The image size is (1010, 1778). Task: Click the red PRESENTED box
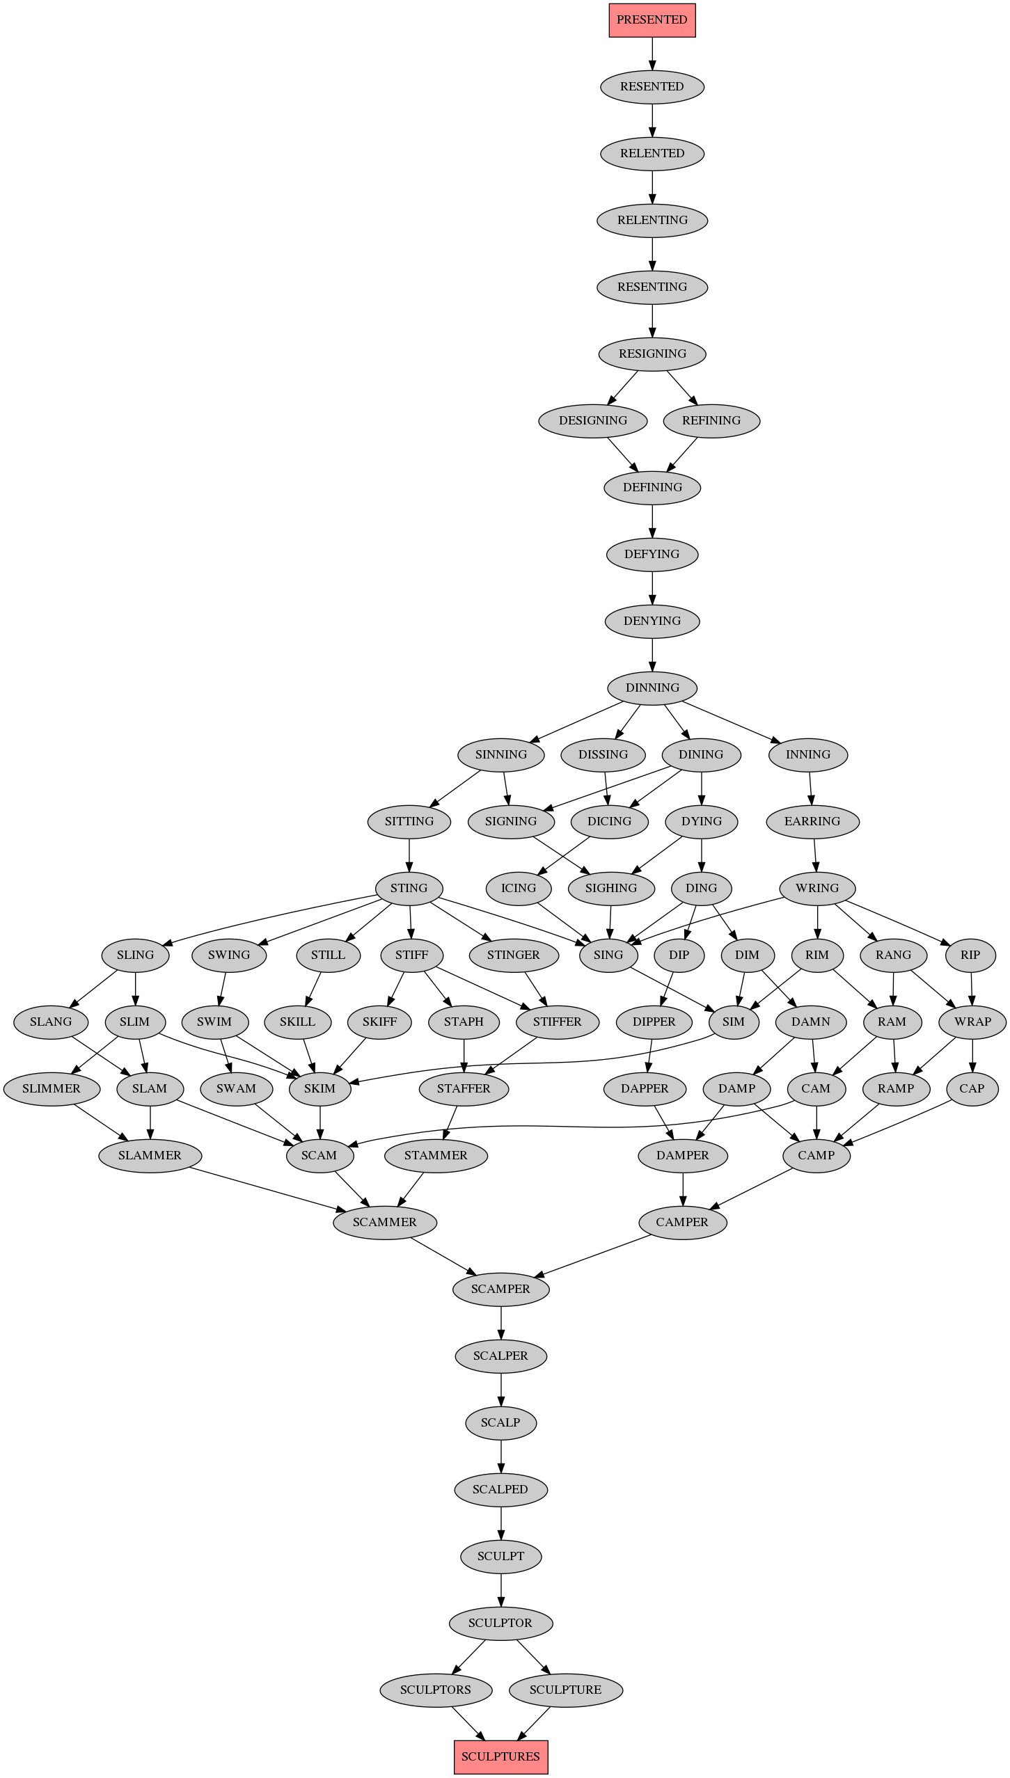pos(652,20)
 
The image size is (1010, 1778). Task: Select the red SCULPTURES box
pos(500,1756)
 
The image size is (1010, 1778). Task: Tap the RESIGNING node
pos(652,354)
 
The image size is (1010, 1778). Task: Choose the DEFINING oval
pos(652,487)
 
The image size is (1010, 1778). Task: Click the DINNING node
pos(652,688)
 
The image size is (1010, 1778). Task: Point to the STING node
pos(409,888)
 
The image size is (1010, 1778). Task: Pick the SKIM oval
pos(319,1088)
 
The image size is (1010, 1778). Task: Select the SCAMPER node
pos(500,1289)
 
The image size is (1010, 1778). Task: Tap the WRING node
pos(817,888)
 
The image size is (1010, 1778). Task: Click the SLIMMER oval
pos(52,1088)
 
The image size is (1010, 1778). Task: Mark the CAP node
pos(972,1088)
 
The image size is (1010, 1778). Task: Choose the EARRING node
pos(812,821)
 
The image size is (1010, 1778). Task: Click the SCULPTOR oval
pos(500,1623)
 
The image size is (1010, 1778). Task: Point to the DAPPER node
pos(645,1088)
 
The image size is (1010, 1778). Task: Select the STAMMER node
pos(436,1155)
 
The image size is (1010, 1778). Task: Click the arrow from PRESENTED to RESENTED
pos(652,54)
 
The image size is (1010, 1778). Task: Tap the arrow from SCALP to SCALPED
pos(500,1456)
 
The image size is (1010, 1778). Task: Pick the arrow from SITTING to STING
pos(409,855)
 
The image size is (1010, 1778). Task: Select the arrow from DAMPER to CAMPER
pos(683,1189)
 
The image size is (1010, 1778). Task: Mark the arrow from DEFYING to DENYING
pos(652,587)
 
